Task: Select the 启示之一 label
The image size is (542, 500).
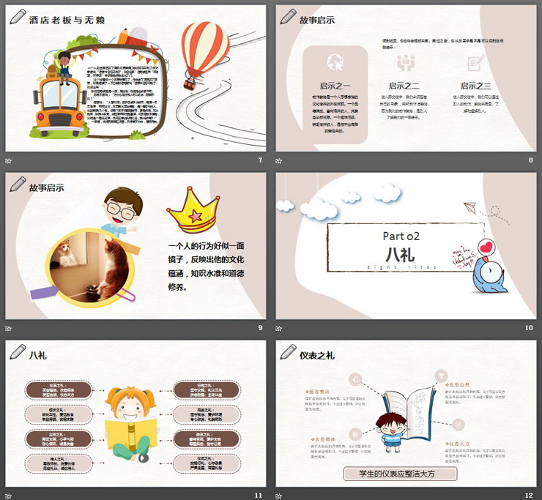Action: pyautogui.click(x=335, y=86)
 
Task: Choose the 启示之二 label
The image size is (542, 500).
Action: pyautogui.click(x=404, y=86)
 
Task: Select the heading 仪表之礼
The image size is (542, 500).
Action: pyautogui.click(x=317, y=356)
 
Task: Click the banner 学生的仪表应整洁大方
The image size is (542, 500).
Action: pyautogui.click(x=401, y=474)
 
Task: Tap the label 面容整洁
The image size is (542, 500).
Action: pyautogui.click(x=319, y=392)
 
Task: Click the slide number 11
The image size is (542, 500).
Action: pyautogui.click(x=258, y=495)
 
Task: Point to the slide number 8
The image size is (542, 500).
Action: pyautogui.click(x=530, y=160)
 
